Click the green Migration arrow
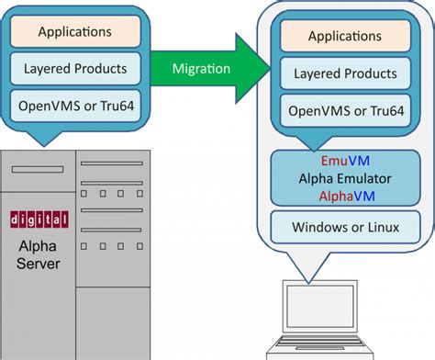[x=207, y=69]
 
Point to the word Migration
[x=201, y=69]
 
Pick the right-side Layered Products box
[x=345, y=73]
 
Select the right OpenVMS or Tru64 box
[x=345, y=111]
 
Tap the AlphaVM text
[x=345, y=196]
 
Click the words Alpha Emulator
[x=345, y=179]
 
